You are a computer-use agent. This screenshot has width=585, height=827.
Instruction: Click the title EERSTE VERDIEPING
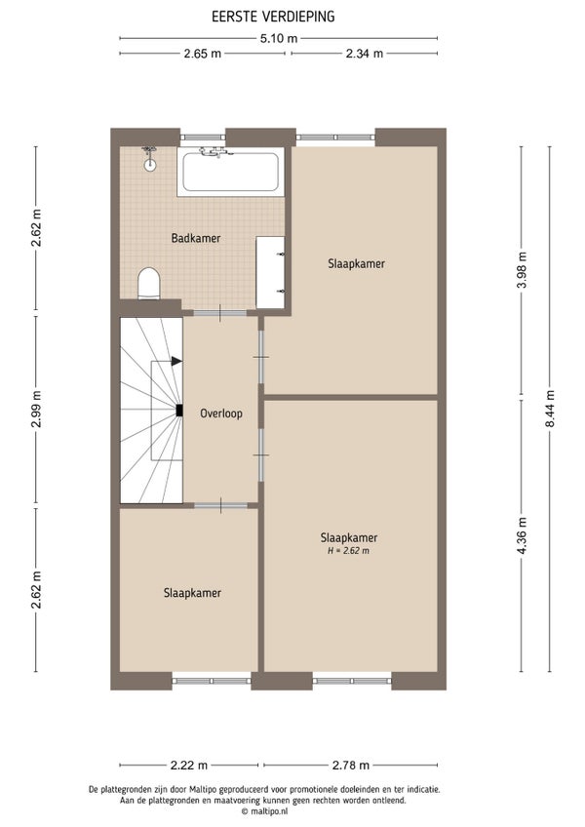(x=273, y=17)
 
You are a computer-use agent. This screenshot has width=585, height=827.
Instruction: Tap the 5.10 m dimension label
(x=279, y=38)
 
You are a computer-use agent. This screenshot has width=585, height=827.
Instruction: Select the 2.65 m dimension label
(x=203, y=54)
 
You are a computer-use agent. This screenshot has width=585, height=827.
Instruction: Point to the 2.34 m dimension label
(x=365, y=54)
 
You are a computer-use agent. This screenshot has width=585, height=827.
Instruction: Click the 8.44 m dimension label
(x=550, y=409)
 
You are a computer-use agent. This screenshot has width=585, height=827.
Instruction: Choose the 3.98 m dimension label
(x=523, y=270)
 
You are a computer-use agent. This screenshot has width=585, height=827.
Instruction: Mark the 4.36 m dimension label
(x=523, y=535)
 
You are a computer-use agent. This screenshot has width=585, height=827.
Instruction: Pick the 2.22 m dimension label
(x=189, y=766)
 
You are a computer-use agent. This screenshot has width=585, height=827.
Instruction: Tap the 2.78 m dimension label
(x=351, y=766)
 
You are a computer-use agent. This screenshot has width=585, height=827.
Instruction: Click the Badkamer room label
(x=196, y=238)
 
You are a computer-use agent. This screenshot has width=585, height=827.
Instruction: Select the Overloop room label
(x=221, y=413)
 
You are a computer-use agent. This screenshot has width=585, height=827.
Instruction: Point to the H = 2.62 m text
(x=348, y=551)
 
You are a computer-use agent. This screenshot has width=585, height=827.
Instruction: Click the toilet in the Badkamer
(x=149, y=284)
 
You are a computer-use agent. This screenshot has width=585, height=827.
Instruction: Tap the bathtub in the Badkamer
(x=230, y=172)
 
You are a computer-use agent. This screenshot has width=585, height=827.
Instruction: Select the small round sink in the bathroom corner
(x=150, y=165)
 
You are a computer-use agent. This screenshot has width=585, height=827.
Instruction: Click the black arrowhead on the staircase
(x=176, y=361)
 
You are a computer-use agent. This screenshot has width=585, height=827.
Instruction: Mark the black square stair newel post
(x=179, y=411)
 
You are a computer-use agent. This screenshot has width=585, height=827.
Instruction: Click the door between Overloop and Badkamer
(x=220, y=313)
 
